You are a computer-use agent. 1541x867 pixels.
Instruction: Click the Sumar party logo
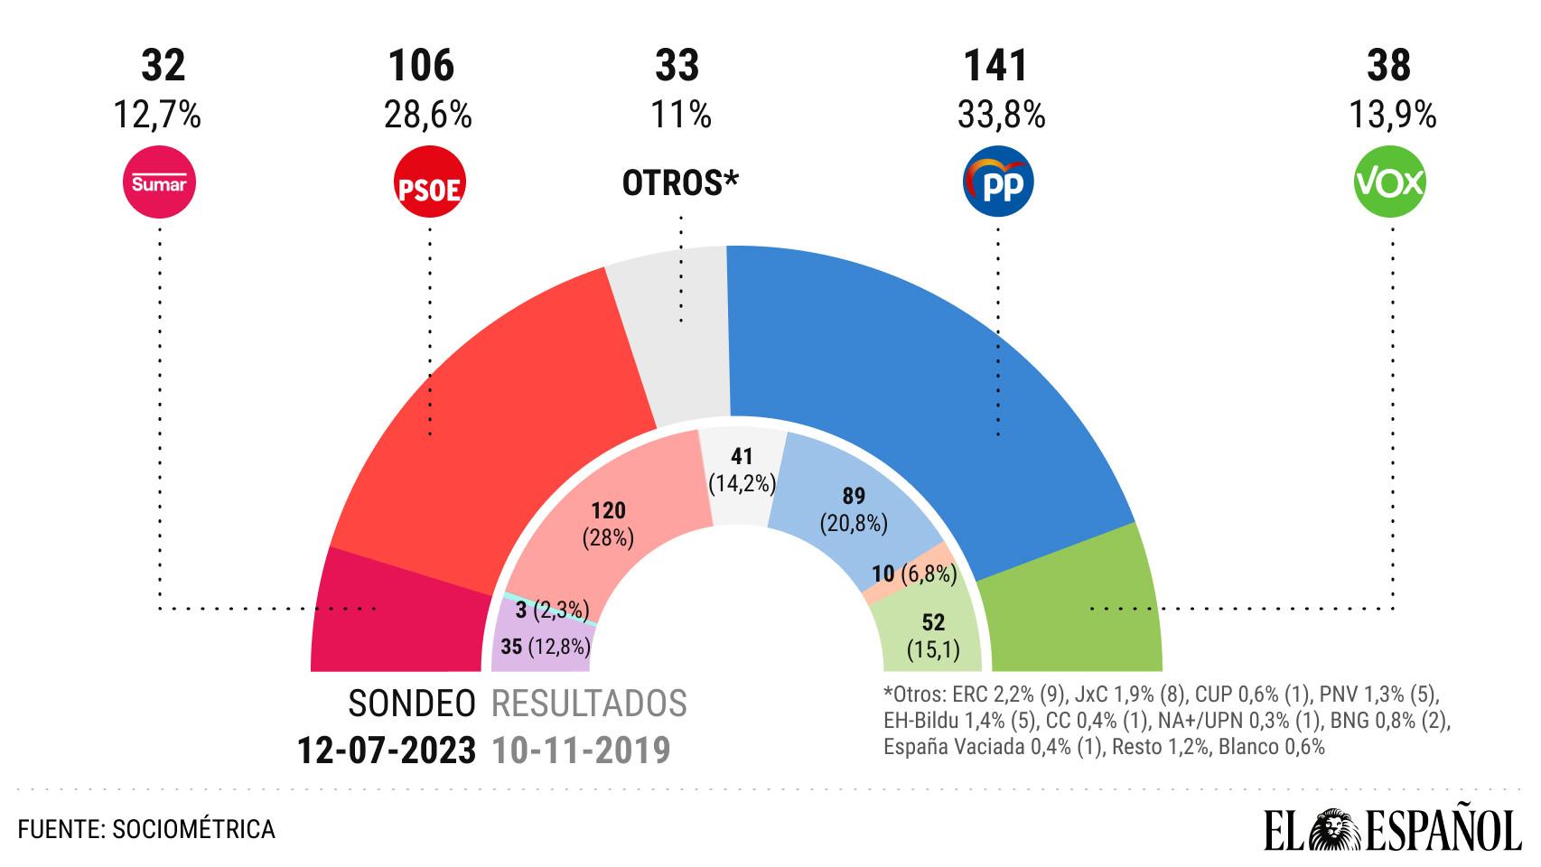click(x=159, y=183)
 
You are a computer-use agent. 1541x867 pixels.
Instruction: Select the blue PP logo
click(x=998, y=183)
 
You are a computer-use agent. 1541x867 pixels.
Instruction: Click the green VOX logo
click(x=1389, y=183)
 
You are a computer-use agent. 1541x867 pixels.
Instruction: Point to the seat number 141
click(x=996, y=67)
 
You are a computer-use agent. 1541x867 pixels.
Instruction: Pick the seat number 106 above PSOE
click(x=421, y=67)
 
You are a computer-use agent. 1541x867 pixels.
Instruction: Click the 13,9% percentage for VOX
click(x=1392, y=116)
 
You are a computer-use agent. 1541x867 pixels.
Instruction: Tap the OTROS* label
click(x=680, y=183)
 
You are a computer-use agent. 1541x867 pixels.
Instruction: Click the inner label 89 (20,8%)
click(x=854, y=509)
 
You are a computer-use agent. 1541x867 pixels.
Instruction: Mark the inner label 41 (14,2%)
click(x=742, y=471)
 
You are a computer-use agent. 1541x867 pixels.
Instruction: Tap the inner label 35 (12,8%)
click(x=546, y=647)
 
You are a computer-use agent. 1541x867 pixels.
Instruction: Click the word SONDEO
click(x=412, y=704)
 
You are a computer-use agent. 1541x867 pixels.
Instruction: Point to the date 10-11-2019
click(x=581, y=750)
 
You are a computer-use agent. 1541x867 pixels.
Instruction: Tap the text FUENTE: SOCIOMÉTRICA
click(x=146, y=829)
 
